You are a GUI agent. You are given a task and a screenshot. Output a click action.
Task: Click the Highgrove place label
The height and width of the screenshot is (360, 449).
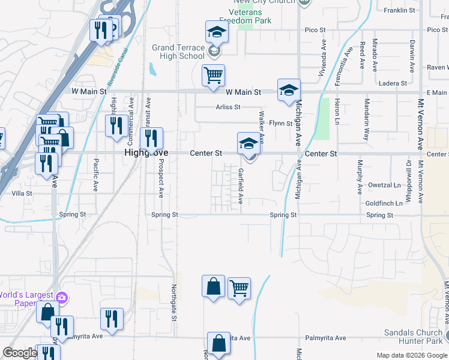146,153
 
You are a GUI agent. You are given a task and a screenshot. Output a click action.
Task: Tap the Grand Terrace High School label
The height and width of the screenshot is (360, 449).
178,52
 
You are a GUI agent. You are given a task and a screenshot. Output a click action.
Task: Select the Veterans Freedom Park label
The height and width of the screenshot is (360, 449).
253,16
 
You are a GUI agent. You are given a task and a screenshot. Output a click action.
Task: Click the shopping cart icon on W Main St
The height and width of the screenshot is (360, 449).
213,76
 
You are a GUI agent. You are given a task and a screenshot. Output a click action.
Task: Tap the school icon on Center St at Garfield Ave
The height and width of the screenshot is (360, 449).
249,144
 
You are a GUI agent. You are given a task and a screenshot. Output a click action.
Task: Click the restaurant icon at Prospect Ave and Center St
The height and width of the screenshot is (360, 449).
152,139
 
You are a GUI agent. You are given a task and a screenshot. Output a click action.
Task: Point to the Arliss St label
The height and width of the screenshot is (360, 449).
228,107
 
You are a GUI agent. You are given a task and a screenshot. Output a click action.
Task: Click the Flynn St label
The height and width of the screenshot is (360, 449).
280,124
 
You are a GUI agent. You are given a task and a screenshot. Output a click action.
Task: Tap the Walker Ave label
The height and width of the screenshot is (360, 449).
261,127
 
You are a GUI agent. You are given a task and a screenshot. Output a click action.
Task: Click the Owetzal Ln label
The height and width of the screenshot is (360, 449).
384,185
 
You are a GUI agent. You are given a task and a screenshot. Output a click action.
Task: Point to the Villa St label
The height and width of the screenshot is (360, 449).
22,194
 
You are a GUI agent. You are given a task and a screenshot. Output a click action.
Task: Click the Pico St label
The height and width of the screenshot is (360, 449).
315,29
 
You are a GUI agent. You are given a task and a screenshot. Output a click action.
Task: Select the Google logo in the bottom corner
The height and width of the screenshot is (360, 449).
20,353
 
